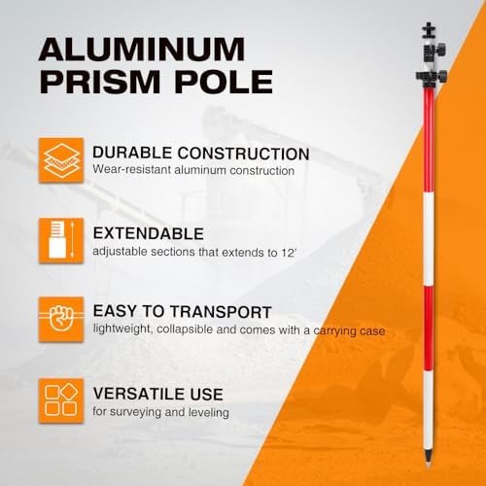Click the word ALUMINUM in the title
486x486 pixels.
142,49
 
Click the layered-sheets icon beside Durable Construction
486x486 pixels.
61,160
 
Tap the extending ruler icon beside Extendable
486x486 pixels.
61,241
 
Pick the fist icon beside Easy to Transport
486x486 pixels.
61,319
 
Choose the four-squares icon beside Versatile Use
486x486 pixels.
61,400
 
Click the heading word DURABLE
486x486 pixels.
132,153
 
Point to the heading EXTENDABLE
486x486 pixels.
149,233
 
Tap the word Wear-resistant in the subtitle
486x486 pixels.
131,169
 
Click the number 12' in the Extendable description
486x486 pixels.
289,252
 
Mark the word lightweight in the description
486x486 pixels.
121,330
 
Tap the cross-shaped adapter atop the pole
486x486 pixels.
429,31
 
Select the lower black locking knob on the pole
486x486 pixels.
432,78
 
